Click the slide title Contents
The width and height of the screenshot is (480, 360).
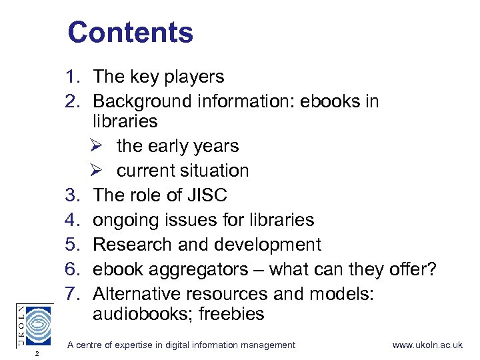click(x=130, y=33)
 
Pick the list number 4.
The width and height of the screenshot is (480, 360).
click(x=73, y=220)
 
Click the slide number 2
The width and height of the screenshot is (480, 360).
click(x=37, y=353)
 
